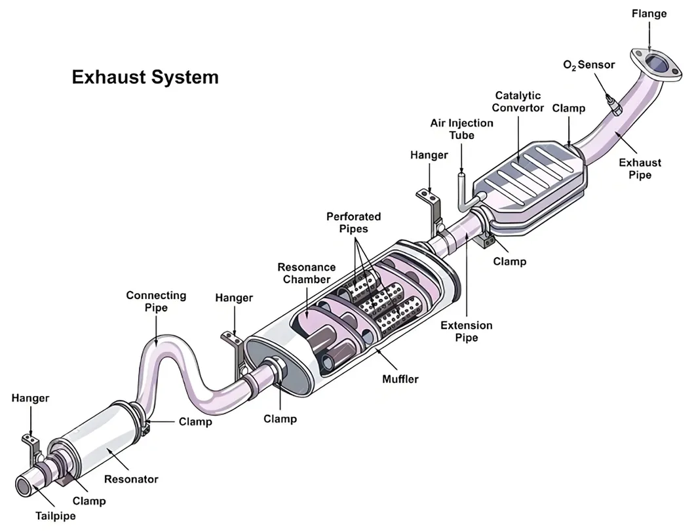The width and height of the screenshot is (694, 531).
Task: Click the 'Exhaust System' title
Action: pyautogui.click(x=145, y=77)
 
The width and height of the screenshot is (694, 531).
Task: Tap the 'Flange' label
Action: pyautogui.click(x=649, y=13)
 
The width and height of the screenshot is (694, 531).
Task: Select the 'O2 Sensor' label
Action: pyautogui.click(x=589, y=65)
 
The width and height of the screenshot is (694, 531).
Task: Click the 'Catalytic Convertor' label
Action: pyautogui.click(x=518, y=102)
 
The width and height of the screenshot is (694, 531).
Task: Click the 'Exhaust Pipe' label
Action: pyautogui.click(x=640, y=168)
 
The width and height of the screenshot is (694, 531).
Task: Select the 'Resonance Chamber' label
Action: pyautogui.click(x=306, y=273)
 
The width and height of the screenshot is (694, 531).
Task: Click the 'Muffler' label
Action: pyautogui.click(x=400, y=379)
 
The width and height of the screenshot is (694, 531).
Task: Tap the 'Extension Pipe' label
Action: pyautogui.click(x=467, y=331)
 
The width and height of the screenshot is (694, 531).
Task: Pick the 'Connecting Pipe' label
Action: pyautogui.click(x=156, y=302)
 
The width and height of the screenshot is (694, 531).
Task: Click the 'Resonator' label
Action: pyautogui.click(x=132, y=479)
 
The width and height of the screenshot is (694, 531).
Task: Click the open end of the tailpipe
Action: pyautogui.click(x=24, y=486)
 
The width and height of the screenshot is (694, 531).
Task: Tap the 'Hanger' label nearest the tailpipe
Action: pyautogui.click(x=30, y=398)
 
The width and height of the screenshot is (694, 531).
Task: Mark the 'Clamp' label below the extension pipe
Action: pyautogui.click(x=509, y=262)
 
